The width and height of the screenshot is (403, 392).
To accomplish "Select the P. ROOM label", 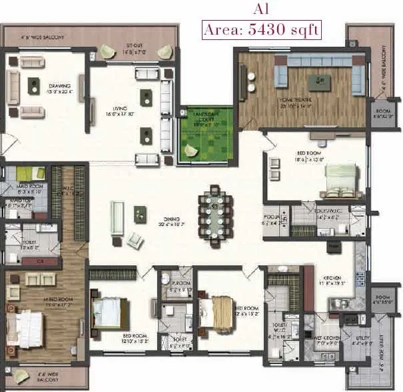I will click(x=179, y=285).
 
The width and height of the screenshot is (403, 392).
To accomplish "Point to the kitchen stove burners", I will click(x=360, y=279).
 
